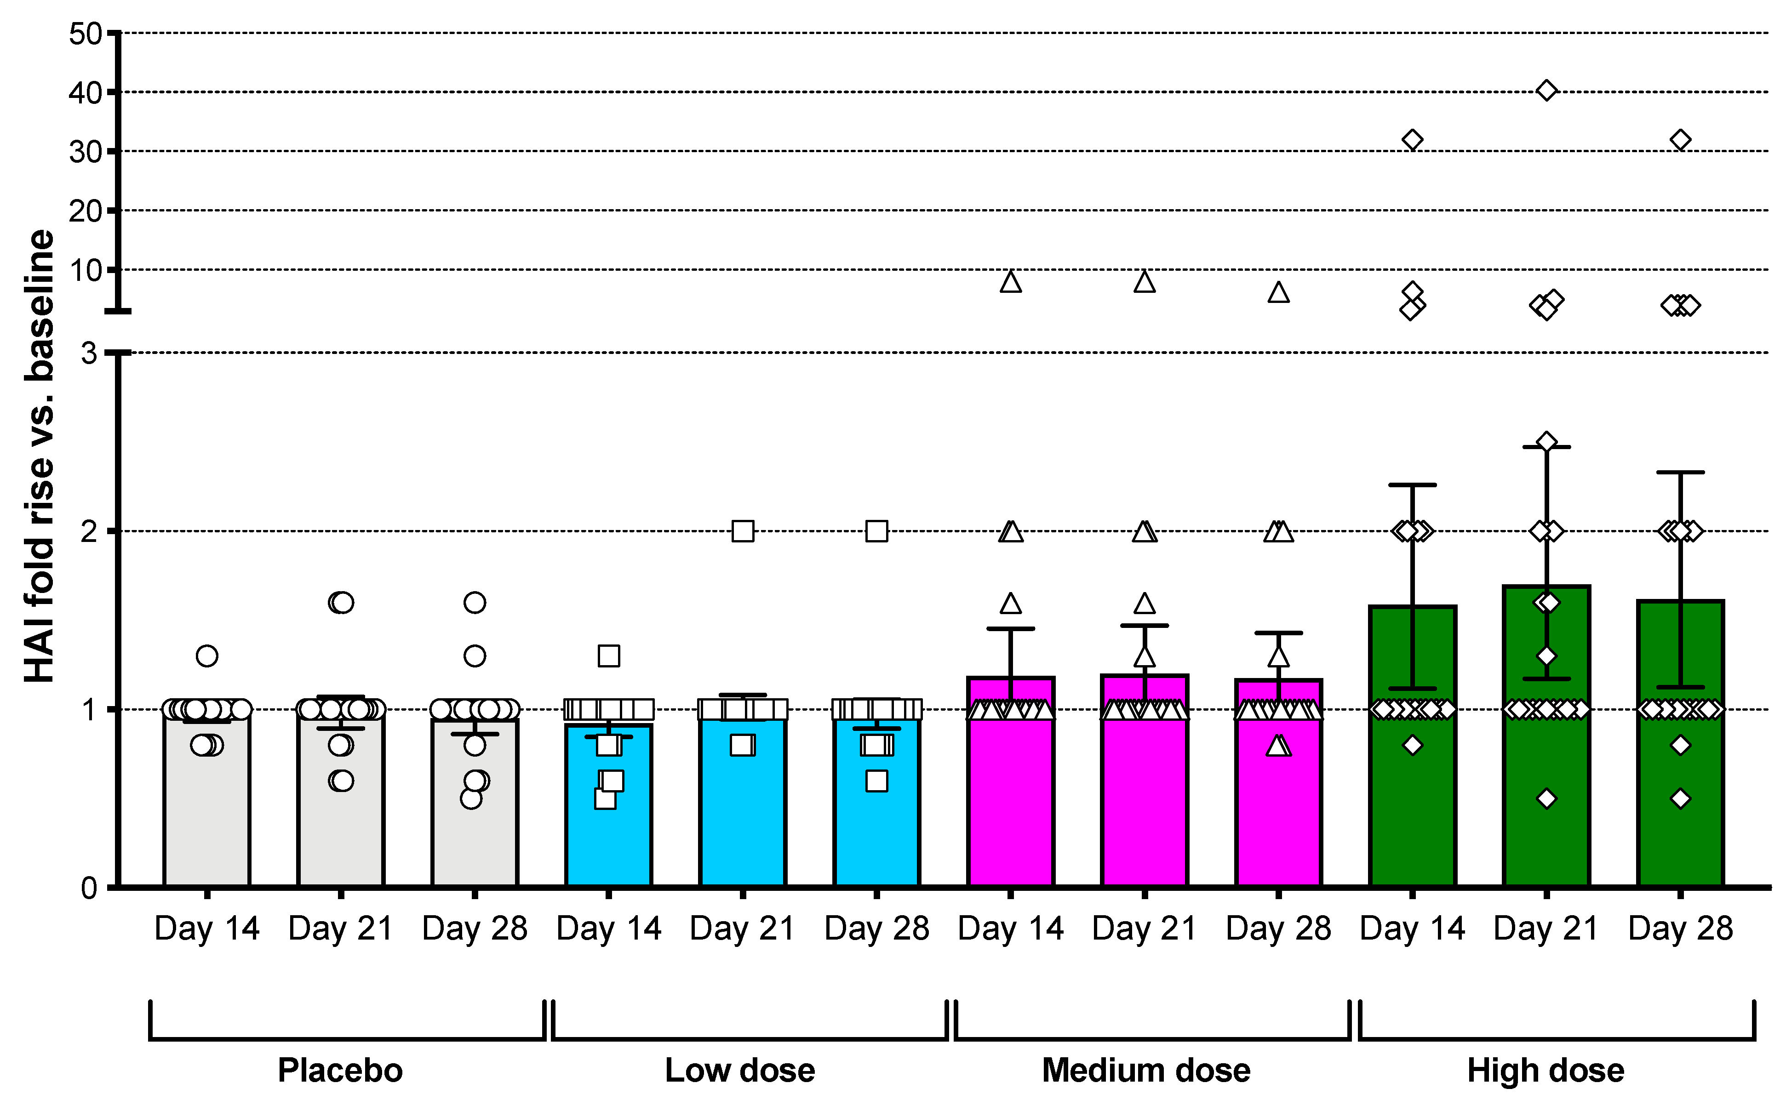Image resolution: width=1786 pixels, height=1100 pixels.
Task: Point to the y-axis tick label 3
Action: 89,353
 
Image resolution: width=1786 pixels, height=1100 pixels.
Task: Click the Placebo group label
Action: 340,1070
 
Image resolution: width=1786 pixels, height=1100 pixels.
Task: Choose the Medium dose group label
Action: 1145,1070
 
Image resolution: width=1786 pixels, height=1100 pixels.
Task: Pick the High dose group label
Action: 1545,1070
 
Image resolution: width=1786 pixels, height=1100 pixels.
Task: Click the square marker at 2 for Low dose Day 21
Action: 742,531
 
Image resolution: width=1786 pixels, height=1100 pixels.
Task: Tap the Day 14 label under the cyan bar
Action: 608,928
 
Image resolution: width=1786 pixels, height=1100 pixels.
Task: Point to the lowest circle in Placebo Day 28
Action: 471,798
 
